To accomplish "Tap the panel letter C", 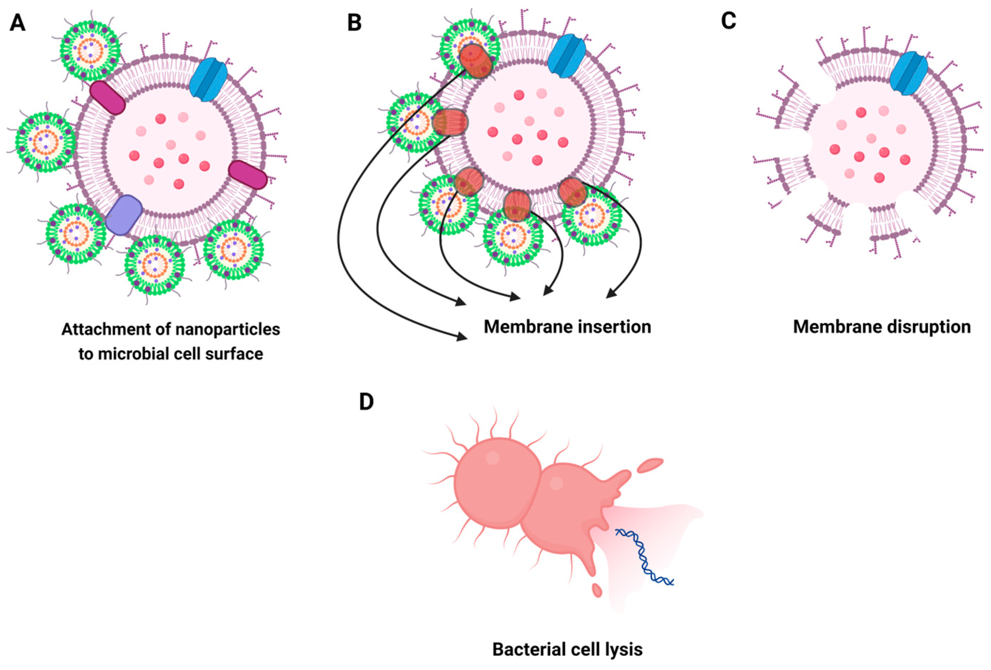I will (x=728, y=21).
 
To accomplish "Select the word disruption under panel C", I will (x=924, y=327).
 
